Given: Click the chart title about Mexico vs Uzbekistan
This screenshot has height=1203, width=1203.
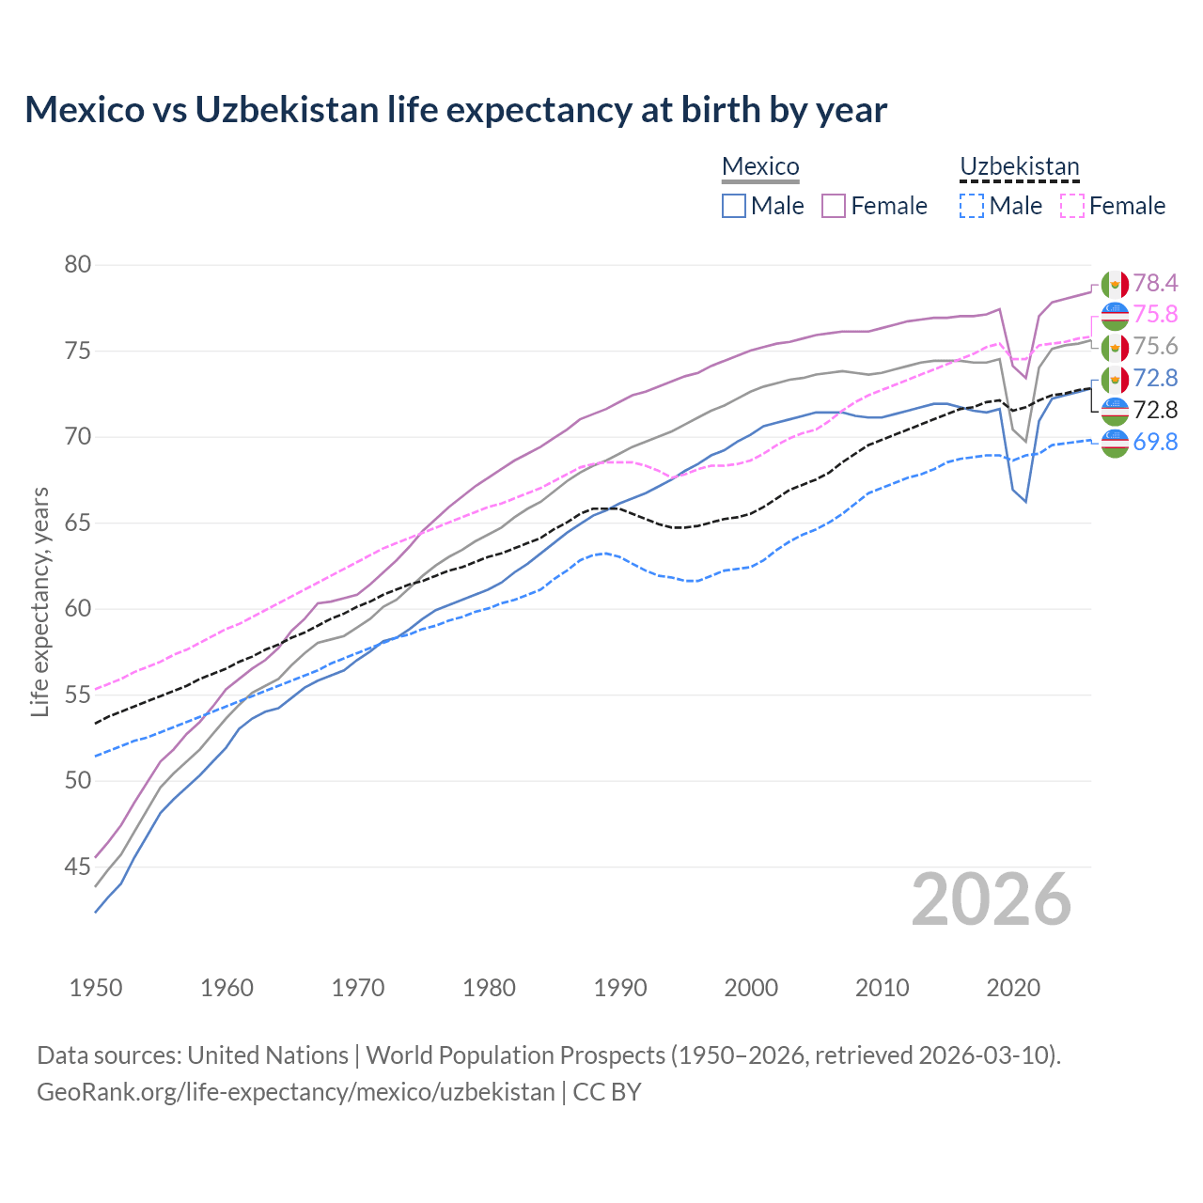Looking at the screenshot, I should click(x=456, y=110).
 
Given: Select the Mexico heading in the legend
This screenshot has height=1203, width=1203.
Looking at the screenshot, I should click(x=759, y=166).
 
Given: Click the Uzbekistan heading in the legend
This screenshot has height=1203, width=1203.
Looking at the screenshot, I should click(x=1019, y=166).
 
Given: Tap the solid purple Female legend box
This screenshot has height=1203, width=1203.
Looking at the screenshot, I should click(x=834, y=206).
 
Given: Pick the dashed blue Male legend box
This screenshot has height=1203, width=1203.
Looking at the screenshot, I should click(x=972, y=206).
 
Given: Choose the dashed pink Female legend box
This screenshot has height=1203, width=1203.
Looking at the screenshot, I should click(x=1071, y=206).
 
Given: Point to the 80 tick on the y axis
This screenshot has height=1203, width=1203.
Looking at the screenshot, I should click(x=78, y=265).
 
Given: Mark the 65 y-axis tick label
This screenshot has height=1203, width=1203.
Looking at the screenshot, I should click(x=78, y=523).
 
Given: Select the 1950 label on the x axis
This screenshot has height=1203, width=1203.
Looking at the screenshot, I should click(x=96, y=988).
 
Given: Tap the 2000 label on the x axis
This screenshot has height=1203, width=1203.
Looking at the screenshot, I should click(x=751, y=988).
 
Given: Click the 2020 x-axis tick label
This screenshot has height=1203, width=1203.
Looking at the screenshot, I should click(x=1013, y=988).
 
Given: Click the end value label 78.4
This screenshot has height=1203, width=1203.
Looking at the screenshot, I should click(x=1155, y=283).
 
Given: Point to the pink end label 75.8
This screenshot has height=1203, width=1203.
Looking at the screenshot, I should click(x=1155, y=314).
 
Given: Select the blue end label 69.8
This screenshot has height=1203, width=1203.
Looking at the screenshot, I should click(x=1155, y=442).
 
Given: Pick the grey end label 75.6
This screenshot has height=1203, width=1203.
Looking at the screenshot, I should click(x=1155, y=346).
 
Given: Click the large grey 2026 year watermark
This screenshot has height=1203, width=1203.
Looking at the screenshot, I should click(x=992, y=899).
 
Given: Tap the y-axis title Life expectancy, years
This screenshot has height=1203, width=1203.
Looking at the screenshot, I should click(x=39, y=601).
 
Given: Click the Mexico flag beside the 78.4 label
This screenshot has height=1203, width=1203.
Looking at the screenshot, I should click(x=1115, y=283).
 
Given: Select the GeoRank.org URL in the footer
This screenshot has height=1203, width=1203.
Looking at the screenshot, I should click(x=296, y=1092).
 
